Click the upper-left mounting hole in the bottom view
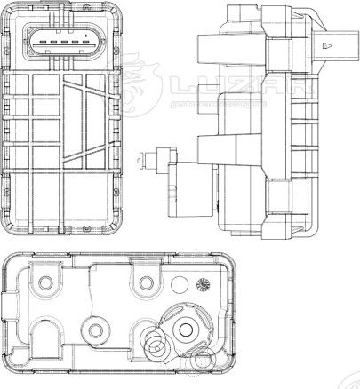(43, 284)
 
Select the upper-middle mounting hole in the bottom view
(143, 285)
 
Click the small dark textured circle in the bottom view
(203, 284)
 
